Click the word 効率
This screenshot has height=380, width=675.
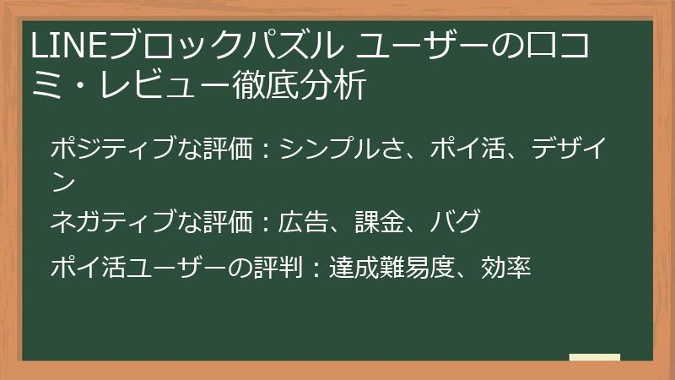(x=505, y=268)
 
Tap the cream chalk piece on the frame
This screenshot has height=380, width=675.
(x=594, y=358)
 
